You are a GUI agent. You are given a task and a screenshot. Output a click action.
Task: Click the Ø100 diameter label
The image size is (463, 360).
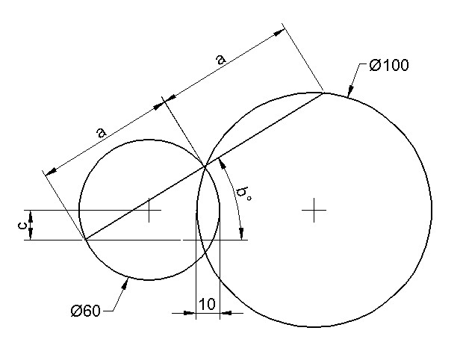[x=388, y=66]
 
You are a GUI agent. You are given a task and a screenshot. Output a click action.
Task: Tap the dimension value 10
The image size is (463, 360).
[x=207, y=304]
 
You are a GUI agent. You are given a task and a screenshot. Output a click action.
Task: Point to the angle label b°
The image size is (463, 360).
[x=243, y=195]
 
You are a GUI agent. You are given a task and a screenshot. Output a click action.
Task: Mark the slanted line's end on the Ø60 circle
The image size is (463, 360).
[x=84, y=240]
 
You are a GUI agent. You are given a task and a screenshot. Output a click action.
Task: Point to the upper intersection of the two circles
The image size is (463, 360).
[x=205, y=167]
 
